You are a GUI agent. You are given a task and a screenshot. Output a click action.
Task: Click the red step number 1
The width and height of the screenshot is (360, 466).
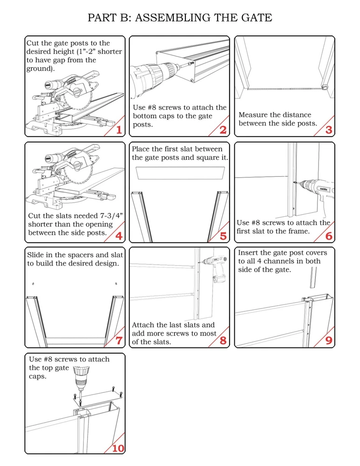tap(119, 130)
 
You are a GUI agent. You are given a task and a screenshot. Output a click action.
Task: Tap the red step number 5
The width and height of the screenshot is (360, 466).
tap(223, 236)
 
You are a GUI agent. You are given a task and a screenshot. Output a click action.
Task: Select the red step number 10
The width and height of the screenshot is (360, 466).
tap(118, 448)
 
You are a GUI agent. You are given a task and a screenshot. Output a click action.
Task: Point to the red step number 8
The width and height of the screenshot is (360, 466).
tap(223, 341)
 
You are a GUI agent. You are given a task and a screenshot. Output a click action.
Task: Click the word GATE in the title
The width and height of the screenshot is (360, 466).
tap(256, 18)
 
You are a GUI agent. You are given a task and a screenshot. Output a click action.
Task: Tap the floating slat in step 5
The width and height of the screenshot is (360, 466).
tap(180, 173)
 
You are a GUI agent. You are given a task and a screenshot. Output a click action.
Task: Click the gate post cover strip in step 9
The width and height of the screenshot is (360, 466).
tap(313, 277)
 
